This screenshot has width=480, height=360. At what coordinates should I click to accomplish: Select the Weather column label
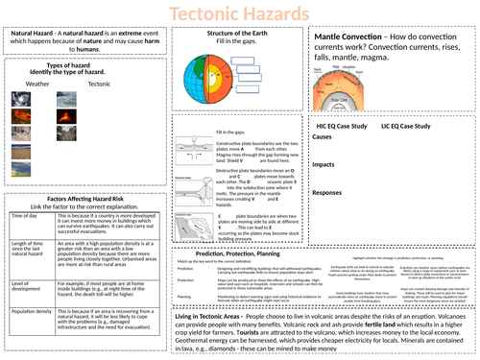click(38, 84)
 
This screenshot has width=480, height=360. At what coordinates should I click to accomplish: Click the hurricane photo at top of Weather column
click(22, 99)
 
